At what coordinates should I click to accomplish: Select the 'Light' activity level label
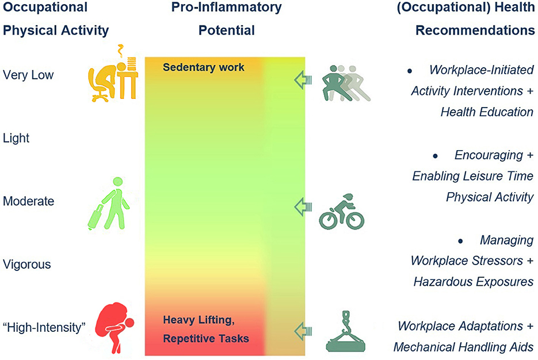click(16, 138)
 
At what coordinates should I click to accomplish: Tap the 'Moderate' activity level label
click(28, 201)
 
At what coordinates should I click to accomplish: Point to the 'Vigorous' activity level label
click(27, 265)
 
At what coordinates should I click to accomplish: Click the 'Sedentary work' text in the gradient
click(203, 67)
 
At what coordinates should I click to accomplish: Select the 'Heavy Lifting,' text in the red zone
click(199, 320)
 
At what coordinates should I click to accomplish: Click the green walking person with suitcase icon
click(109, 204)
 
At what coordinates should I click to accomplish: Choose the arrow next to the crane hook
click(303, 330)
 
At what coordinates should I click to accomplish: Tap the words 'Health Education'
click(487, 112)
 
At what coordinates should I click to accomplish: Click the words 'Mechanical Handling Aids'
click(464, 347)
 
